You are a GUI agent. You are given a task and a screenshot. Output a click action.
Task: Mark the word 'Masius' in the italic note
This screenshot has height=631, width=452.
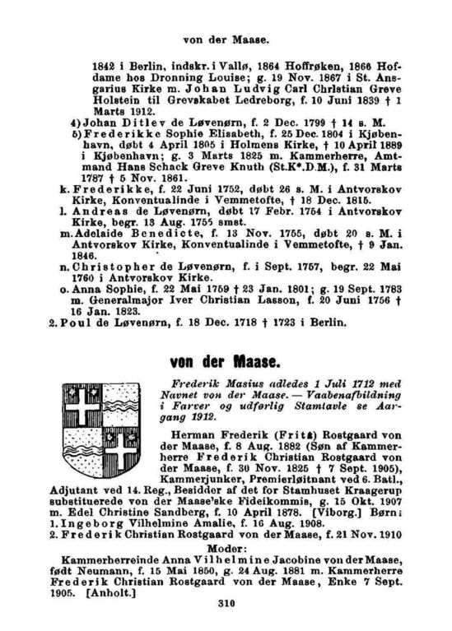tap(227, 384)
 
